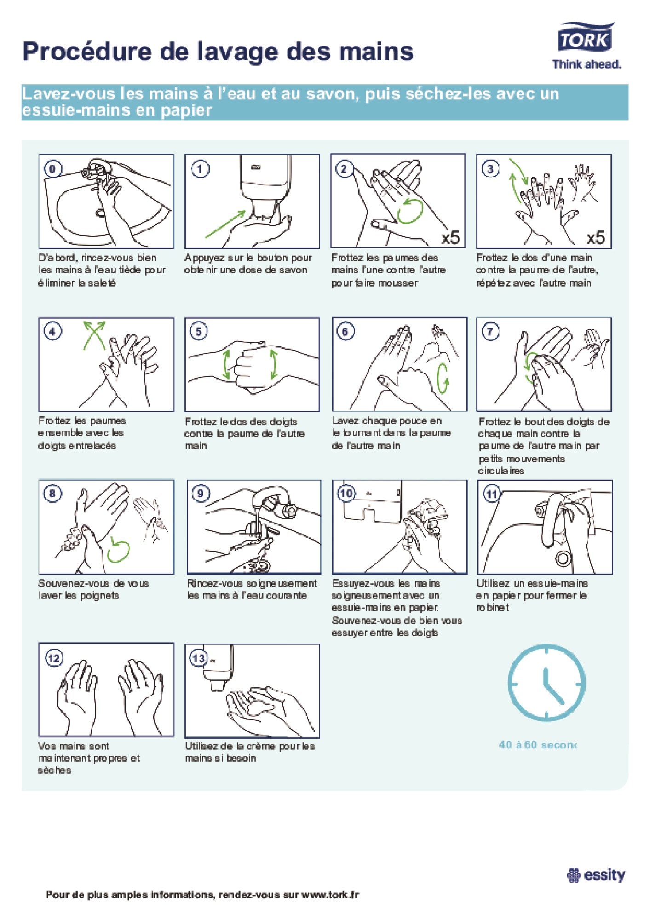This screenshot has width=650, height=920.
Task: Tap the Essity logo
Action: tap(596, 875)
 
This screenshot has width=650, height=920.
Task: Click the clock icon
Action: tap(546, 682)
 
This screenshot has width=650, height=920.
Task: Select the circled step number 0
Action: tap(52, 169)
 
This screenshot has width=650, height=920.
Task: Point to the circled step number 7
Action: tap(490, 331)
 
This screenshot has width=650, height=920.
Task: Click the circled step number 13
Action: tap(199, 658)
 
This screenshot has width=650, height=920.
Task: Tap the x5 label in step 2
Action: tap(450, 237)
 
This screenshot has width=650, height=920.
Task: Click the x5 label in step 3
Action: tap(596, 237)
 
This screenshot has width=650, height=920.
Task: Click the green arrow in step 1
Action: tap(225, 224)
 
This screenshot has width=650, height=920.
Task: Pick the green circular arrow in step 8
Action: tap(118, 551)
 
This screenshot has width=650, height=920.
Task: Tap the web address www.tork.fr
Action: tap(330, 895)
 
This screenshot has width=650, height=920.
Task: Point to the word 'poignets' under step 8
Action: tap(99, 596)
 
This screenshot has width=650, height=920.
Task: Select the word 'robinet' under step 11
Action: tap(493, 608)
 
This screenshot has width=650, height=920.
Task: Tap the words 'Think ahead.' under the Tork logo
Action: tap(587, 64)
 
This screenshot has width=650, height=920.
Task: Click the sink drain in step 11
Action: tap(564, 558)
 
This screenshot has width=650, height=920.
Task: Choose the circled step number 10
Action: tap(346, 494)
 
